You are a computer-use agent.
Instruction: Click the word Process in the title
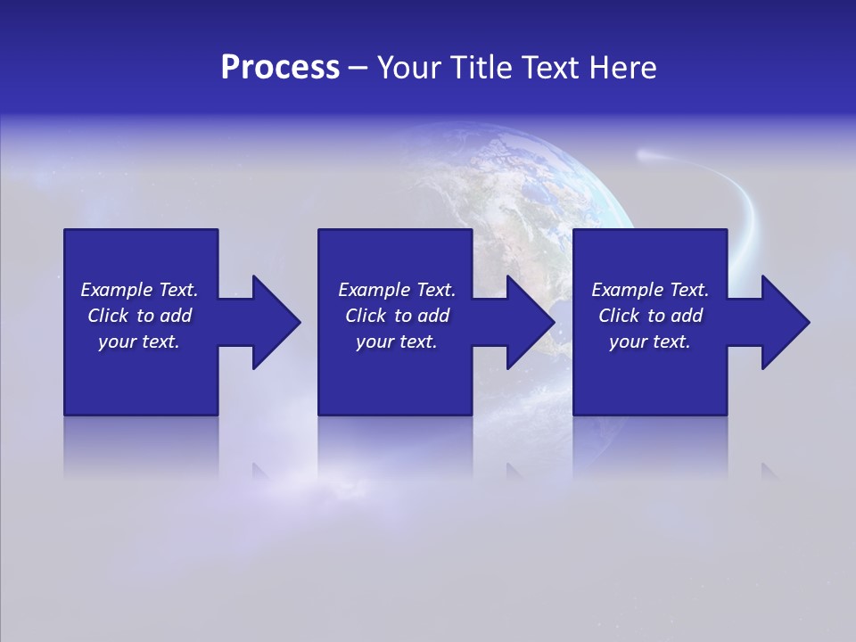[x=280, y=68]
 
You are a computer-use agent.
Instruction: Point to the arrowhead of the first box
[x=273, y=322]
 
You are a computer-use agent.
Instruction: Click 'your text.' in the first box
[x=139, y=342]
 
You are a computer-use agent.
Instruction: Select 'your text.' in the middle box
[x=397, y=342]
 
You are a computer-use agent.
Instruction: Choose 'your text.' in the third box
[x=650, y=342]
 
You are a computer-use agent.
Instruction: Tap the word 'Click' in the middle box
[x=365, y=316]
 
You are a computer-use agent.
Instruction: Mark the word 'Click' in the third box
[x=618, y=316]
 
